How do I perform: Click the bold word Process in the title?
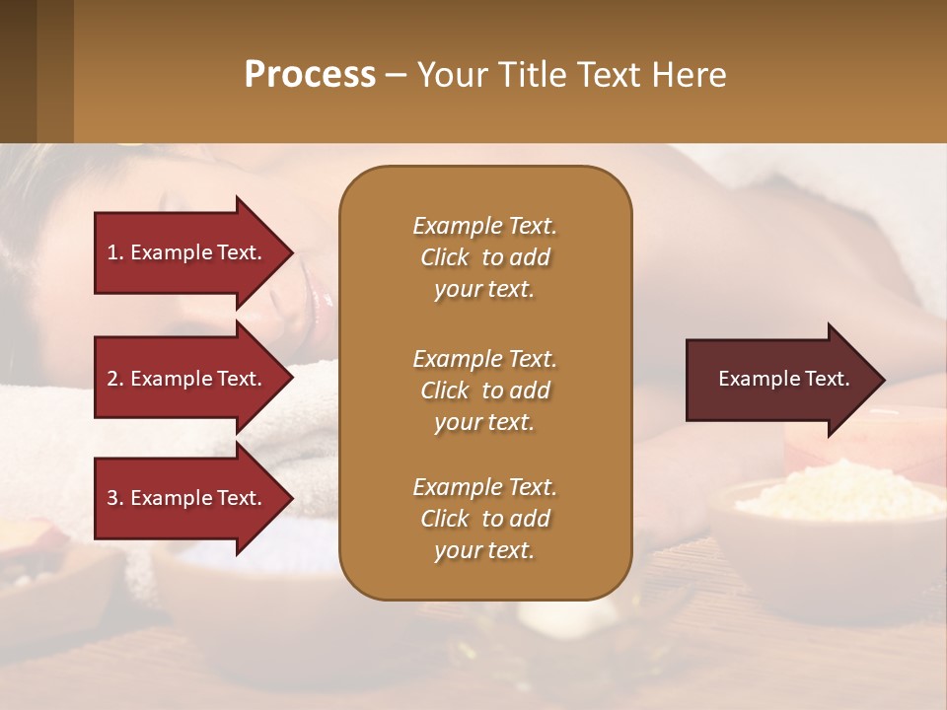pos(310,74)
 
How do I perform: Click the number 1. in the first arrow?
pos(115,252)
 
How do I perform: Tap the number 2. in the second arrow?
pos(115,379)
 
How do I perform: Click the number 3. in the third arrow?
pos(115,498)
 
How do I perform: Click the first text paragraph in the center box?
pos(484,257)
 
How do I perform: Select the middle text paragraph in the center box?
pos(484,390)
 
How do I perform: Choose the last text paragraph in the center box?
pos(484,519)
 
